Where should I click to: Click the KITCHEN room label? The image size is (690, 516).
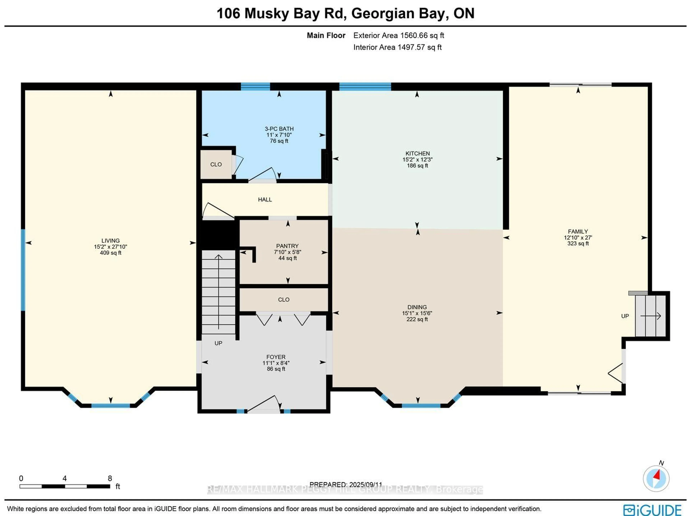coord(417,153)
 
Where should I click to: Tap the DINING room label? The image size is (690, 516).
coord(417,307)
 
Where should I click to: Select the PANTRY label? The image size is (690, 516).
coord(287,246)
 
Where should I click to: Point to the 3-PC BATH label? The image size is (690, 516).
coord(279,129)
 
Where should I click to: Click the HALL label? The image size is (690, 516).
coord(265,199)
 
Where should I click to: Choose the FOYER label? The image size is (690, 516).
coord(276,357)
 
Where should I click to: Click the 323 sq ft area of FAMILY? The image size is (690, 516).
coord(578,243)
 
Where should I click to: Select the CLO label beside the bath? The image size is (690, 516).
coord(216,164)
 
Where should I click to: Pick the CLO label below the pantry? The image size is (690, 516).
coord(284,299)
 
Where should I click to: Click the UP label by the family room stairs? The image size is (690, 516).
coord(625,316)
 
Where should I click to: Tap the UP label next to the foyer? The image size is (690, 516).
coord(218,343)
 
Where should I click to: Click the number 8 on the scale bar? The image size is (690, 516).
coord(110,478)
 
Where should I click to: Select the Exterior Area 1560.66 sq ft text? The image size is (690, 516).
coord(398,36)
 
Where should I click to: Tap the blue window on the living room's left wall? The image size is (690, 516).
coord(23,270)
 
